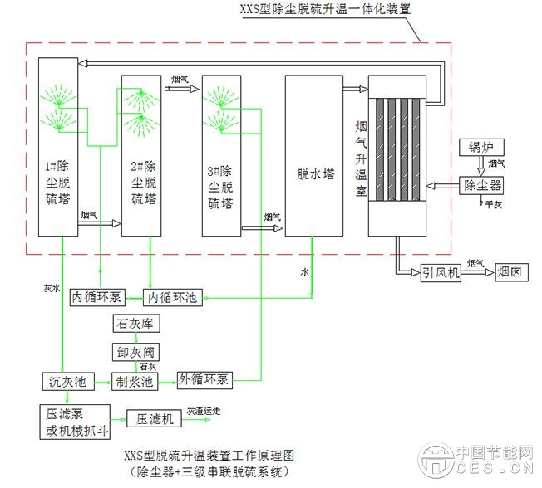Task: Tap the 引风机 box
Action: click(x=441, y=271)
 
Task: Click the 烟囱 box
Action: click(x=513, y=271)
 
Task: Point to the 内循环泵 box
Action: click(x=96, y=296)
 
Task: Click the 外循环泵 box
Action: click(x=205, y=381)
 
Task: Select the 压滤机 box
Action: click(x=155, y=419)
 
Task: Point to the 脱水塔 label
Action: click(x=315, y=175)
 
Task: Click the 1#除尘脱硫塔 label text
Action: click(x=58, y=182)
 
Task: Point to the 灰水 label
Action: click(x=52, y=288)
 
